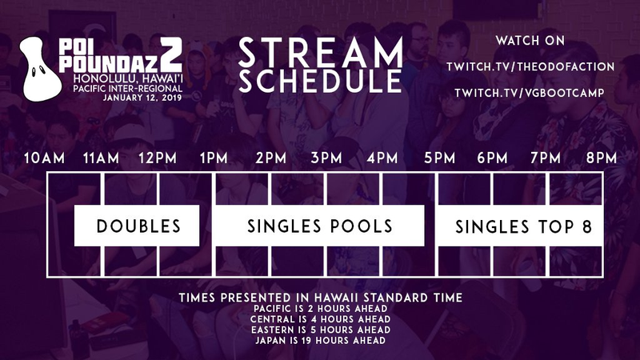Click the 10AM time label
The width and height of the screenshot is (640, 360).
pyautogui.click(x=44, y=158)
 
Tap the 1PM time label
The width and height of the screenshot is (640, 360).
pyautogui.click(x=214, y=158)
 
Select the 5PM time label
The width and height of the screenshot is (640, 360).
pyautogui.click(x=439, y=158)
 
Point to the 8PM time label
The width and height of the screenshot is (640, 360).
pyautogui.click(x=602, y=158)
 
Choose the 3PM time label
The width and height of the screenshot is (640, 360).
pyautogui.click(x=326, y=158)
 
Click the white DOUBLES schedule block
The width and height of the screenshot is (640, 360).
pyautogui.click(x=137, y=226)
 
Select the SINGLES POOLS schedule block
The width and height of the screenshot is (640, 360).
pyautogui.click(x=319, y=226)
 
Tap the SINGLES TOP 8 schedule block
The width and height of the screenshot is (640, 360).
pyautogui.click(x=520, y=226)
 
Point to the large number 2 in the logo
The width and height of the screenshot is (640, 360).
pyautogui.click(x=170, y=55)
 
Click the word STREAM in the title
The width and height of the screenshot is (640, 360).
pyautogui.click(x=321, y=53)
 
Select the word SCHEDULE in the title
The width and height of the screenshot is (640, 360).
pyautogui.click(x=321, y=81)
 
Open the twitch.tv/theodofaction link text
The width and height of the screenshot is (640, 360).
pyautogui.click(x=530, y=67)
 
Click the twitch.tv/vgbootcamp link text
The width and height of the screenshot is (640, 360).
pyautogui.click(x=530, y=93)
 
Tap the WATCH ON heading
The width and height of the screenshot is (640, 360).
pyautogui.click(x=530, y=41)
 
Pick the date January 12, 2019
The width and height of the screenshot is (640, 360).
pyautogui.click(x=142, y=98)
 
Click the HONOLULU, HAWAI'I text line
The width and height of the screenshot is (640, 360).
pyautogui.click(x=128, y=78)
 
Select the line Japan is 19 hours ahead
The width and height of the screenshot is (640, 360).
pyautogui.click(x=321, y=341)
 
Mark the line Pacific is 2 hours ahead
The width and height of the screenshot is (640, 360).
pyautogui.click(x=321, y=309)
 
